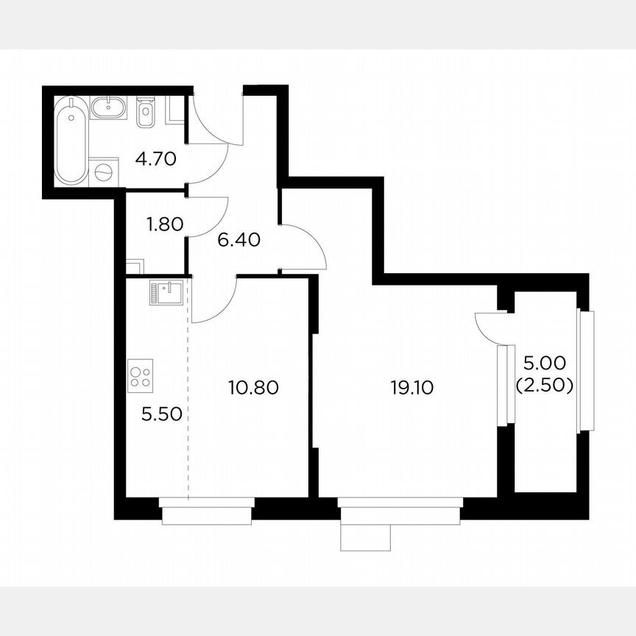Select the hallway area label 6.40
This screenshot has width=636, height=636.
[x=240, y=241]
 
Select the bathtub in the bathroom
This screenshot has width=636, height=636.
[x=71, y=141]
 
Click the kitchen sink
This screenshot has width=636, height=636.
[x=165, y=292]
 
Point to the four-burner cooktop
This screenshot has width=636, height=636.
[x=140, y=375]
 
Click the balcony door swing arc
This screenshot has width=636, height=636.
[x=487, y=328]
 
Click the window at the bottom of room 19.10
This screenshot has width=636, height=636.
[x=400, y=509]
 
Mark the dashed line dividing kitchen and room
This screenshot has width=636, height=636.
[x=188, y=397]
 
